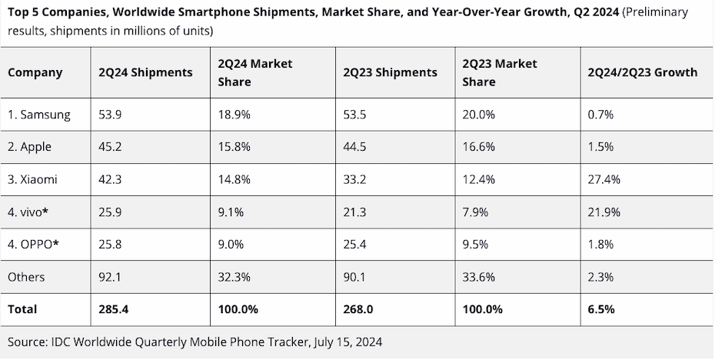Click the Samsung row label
[39, 115]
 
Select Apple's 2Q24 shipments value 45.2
[110, 147]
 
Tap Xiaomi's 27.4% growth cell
[604, 179]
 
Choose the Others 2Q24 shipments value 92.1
[110, 276]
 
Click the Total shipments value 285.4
[114, 309]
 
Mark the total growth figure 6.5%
[600, 309]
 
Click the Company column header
[35, 72]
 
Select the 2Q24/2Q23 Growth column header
[642, 72]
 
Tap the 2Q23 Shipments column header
[391, 72]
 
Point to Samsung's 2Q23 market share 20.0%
[478, 115]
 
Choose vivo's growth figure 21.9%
[604, 212]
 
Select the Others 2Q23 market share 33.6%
[478, 276]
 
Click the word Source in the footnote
[28, 341]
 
